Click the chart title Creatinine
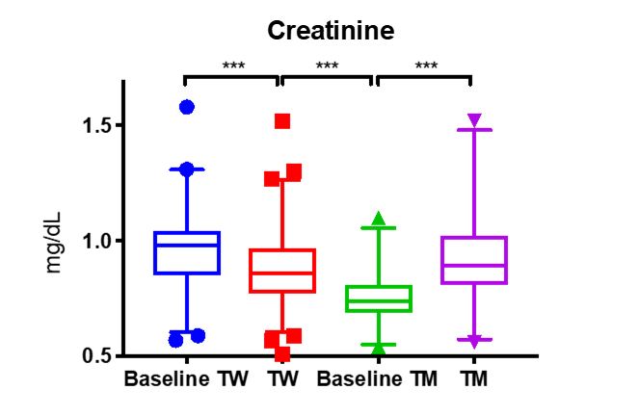(x=331, y=31)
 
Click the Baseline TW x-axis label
(x=180, y=378)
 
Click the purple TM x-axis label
(x=473, y=378)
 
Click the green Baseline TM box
(x=379, y=299)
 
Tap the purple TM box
(x=474, y=260)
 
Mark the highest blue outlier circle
(x=187, y=107)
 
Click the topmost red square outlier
(x=282, y=121)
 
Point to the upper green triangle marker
(x=379, y=219)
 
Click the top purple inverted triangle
(x=474, y=120)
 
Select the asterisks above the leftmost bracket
(x=233, y=66)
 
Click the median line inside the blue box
(x=187, y=245)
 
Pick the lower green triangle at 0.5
(x=379, y=348)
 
